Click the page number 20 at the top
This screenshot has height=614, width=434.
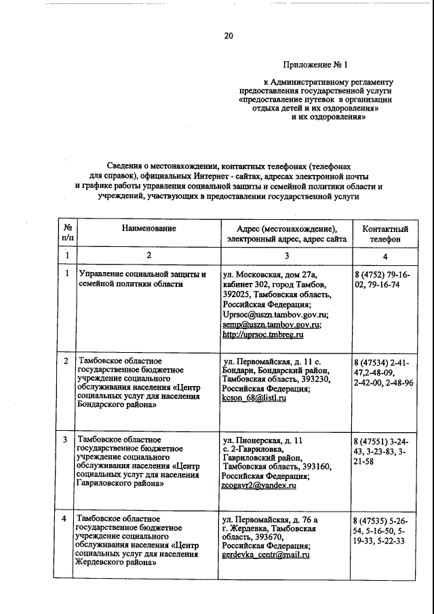tap(229, 36)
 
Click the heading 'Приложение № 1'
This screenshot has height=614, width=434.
tap(313, 66)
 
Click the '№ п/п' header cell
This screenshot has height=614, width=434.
tap(67, 234)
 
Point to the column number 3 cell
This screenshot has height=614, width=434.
tap(286, 256)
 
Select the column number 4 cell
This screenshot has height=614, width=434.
tap(384, 256)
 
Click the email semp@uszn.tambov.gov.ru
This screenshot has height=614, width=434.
tap(271, 325)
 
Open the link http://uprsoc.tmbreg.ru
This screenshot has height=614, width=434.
tap(262, 335)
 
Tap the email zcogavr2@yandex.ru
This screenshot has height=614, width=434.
tap(260, 486)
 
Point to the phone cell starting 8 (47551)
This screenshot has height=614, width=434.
tap(384, 451)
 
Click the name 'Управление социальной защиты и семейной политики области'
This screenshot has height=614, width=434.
tap(142, 279)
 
